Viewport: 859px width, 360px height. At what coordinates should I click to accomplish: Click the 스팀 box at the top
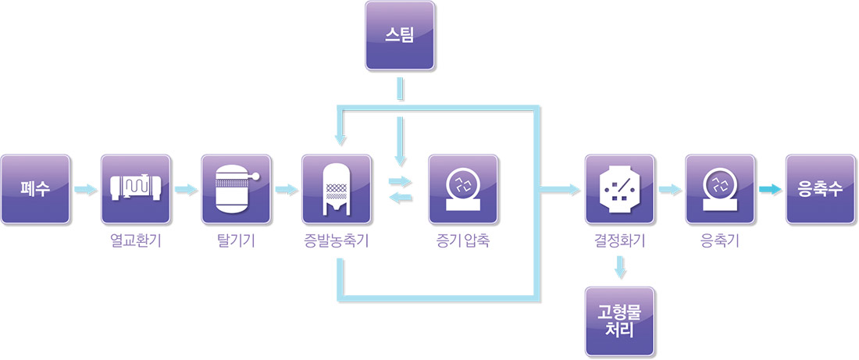[401, 34]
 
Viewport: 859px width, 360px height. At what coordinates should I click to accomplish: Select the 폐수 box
[36, 188]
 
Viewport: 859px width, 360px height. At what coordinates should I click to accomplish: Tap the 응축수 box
[819, 188]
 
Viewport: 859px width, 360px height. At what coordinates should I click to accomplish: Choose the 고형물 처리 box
[620, 321]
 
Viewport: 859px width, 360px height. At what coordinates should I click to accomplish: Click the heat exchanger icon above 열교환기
[136, 188]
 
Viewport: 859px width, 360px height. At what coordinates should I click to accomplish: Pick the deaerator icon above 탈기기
[236, 188]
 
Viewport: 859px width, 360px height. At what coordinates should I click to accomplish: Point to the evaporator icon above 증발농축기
[337, 188]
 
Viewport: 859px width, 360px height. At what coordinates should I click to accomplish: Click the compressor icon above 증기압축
[463, 188]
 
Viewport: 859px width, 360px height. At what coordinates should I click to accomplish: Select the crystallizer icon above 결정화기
[620, 188]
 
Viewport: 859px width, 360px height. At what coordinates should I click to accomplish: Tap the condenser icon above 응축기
[720, 188]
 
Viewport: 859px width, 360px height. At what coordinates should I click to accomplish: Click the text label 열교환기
[136, 241]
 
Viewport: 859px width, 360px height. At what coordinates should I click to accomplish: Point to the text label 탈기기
[236, 241]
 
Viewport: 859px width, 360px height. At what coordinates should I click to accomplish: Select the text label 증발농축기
[337, 241]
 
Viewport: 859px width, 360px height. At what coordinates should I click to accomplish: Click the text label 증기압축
[463, 241]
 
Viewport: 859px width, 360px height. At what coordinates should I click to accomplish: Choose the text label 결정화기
[620, 241]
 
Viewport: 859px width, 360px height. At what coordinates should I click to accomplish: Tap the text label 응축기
[720, 241]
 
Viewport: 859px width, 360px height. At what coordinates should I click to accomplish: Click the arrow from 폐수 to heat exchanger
[86, 189]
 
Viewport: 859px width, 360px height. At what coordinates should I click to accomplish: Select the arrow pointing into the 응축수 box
[770, 189]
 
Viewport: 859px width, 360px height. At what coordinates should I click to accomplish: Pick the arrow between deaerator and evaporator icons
[287, 189]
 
